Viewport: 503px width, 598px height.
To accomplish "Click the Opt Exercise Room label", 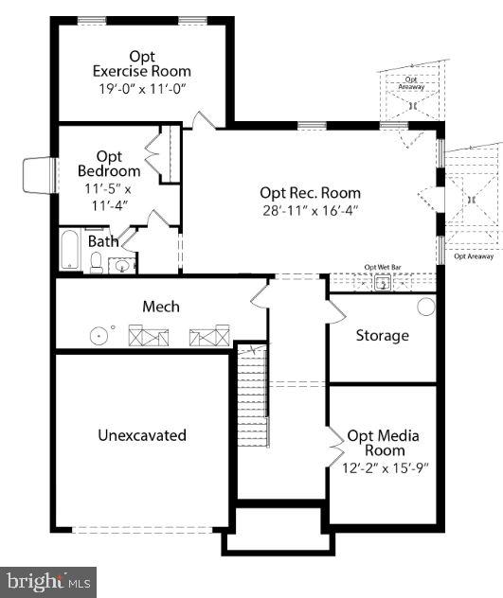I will point(141,62).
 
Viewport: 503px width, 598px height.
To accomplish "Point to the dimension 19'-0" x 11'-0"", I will point(141,88).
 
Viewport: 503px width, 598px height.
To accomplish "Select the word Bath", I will point(103,241).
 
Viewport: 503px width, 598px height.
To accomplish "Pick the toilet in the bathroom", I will point(96,262).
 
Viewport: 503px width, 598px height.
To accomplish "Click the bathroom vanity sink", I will point(120,265).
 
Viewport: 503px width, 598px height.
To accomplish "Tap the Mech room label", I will point(160,307).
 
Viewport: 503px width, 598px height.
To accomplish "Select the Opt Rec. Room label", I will point(310,192).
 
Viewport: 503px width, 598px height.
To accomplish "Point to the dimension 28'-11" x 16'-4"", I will point(310,210).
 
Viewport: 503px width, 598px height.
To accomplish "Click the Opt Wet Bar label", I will point(384,268).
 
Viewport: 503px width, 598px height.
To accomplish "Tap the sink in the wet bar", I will point(384,282).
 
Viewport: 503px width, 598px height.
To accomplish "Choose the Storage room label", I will point(382,335).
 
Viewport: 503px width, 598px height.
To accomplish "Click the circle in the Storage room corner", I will point(425,307).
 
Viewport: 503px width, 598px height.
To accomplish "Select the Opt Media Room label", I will point(383,443).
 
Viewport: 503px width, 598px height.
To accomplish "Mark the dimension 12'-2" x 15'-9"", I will point(383,467).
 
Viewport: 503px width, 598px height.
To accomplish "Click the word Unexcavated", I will point(142,435).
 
